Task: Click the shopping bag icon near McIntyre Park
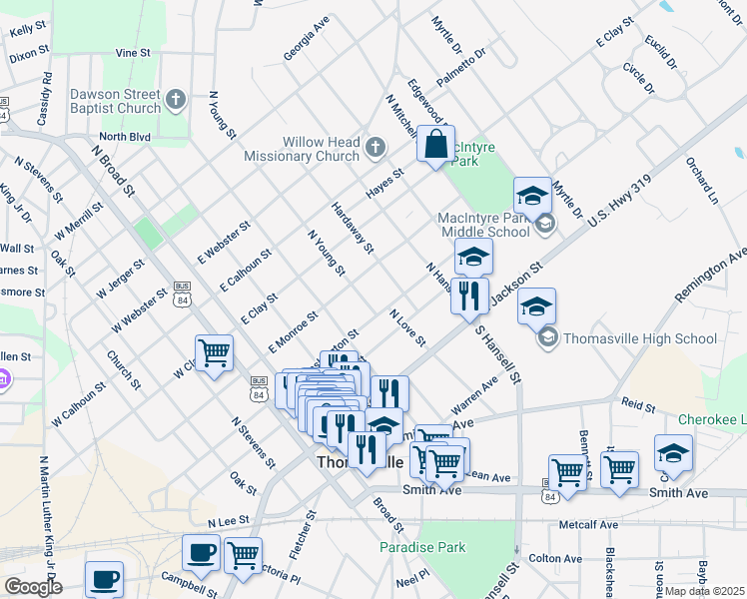pyautogui.click(x=436, y=145)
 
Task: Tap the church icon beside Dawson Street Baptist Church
pyautogui.click(x=176, y=100)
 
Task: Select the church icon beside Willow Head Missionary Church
pyautogui.click(x=376, y=149)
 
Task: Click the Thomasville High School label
pyautogui.click(x=640, y=338)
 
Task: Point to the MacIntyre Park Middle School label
pyautogui.click(x=484, y=225)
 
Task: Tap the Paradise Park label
pyautogui.click(x=422, y=547)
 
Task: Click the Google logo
pyautogui.click(x=33, y=586)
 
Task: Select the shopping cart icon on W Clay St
pyautogui.click(x=214, y=352)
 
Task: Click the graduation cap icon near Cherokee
pyautogui.click(x=673, y=452)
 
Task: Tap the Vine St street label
pyautogui.click(x=133, y=52)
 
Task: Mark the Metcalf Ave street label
pyautogui.click(x=590, y=524)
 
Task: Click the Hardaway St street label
pyautogui.click(x=353, y=227)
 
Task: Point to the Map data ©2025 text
pyautogui.click(x=704, y=591)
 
